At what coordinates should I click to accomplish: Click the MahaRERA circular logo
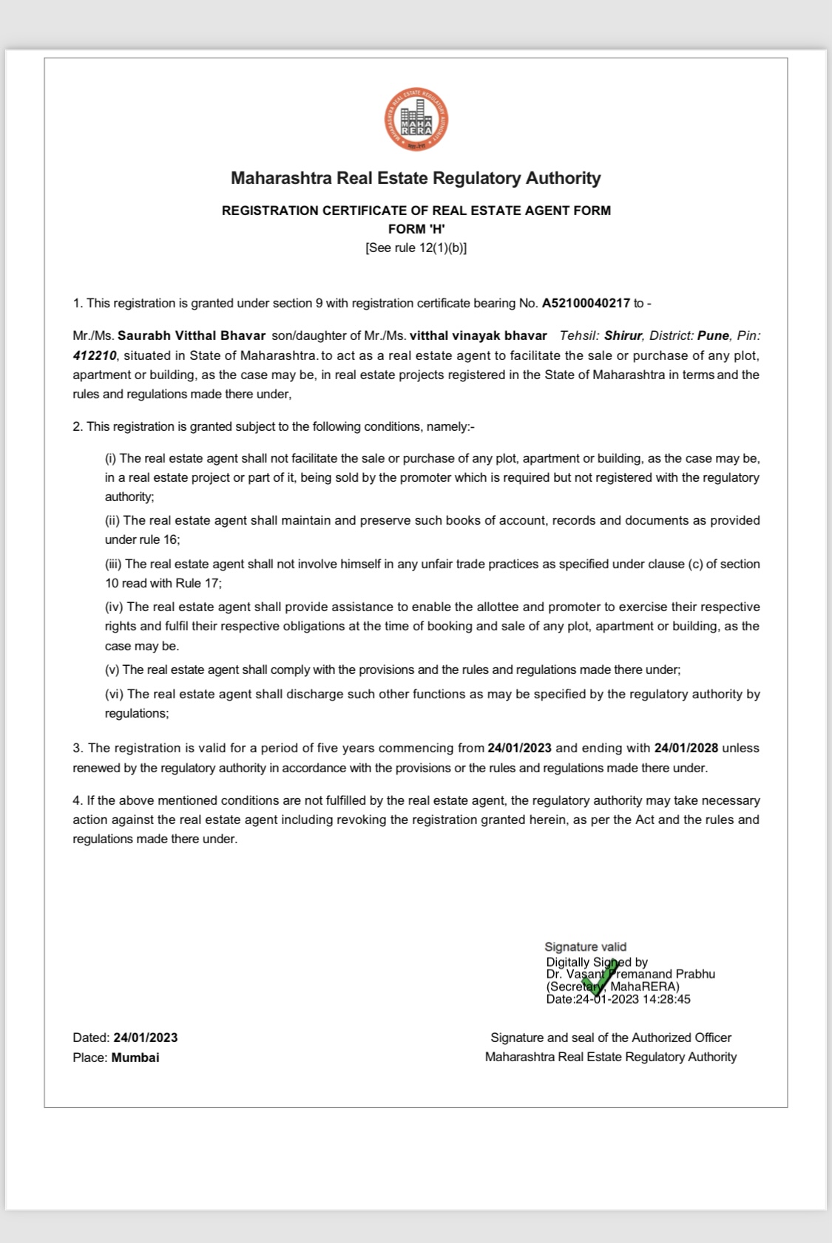pos(416,120)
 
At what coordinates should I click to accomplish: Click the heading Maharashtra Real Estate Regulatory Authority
pos(416,178)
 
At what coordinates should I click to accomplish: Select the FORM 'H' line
pos(416,229)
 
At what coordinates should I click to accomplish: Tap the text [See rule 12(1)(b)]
pos(416,248)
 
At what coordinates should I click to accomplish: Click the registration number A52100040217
pos(586,303)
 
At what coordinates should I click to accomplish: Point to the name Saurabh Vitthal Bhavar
pos(192,336)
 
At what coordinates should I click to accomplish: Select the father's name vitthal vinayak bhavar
pos(478,336)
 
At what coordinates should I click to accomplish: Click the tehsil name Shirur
pos(623,336)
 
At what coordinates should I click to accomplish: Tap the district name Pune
pos(713,336)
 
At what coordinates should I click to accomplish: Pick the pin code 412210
pos(95,355)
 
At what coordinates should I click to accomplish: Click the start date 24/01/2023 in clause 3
pos(519,748)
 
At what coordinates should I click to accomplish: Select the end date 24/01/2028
pos(686,748)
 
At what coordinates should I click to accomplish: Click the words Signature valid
pos(585,947)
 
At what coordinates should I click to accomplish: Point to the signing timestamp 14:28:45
pos(666,999)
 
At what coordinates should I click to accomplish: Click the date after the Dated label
pos(145,1038)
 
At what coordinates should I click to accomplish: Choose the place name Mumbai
pos(135,1058)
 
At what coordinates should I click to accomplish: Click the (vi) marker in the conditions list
pos(114,694)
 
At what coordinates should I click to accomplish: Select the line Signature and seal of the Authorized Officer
pos(611,1038)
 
